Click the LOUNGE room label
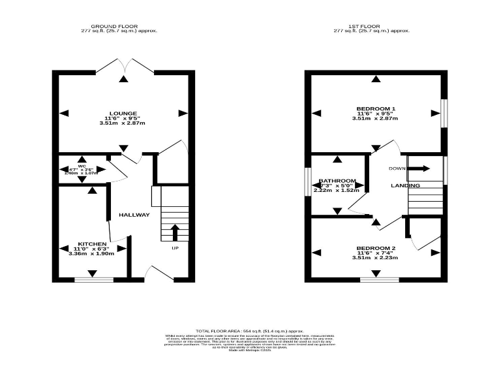(x=123, y=113)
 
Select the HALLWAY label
(x=134, y=215)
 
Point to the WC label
(x=82, y=166)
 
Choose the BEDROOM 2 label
(x=375, y=248)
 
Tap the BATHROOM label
(x=337, y=181)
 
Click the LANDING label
(x=405, y=186)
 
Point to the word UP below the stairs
(x=175, y=248)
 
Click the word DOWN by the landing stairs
(x=397, y=168)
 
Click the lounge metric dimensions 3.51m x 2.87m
(x=123, y=123)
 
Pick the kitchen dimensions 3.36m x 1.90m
(x=91, y=254)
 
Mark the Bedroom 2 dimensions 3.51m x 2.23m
(x=375, y=258)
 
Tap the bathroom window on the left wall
(x=308, y=181)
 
